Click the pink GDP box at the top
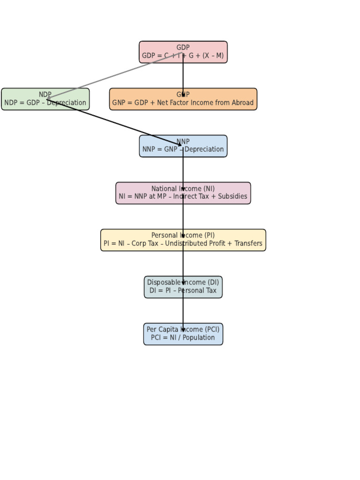(155, 52)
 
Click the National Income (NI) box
(141, 193)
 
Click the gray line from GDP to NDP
(108, 77)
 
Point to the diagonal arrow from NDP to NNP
(117, 123)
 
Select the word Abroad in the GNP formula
(241, 103)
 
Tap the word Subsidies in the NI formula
(231, 196)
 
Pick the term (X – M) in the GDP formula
(213, 56)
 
